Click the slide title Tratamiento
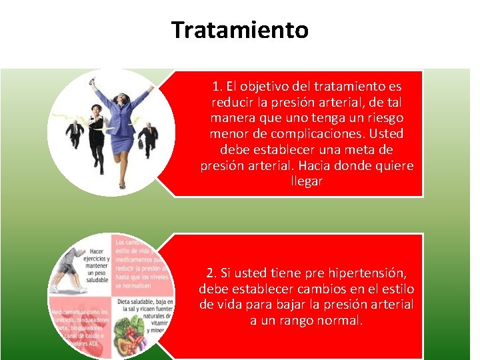(239, 30)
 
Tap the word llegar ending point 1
(307, 181)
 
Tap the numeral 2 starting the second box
(211, 273)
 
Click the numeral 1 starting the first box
(215, 87)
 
